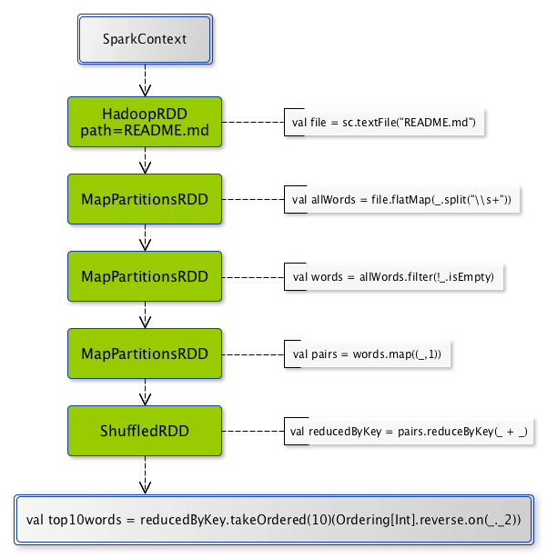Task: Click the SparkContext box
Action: point(145,39)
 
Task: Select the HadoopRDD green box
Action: point(145,122)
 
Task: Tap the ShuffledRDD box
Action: point(145,431)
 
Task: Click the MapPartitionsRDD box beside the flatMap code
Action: point(145,199)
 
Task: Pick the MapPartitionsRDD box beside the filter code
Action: point(145,276)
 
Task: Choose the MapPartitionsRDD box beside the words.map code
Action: point(145,354)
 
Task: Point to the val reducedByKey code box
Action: point(409,431)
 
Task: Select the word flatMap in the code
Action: point(400,200)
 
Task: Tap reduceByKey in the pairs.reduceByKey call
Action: point(453,432)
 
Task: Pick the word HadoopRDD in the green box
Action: point(145,114)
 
